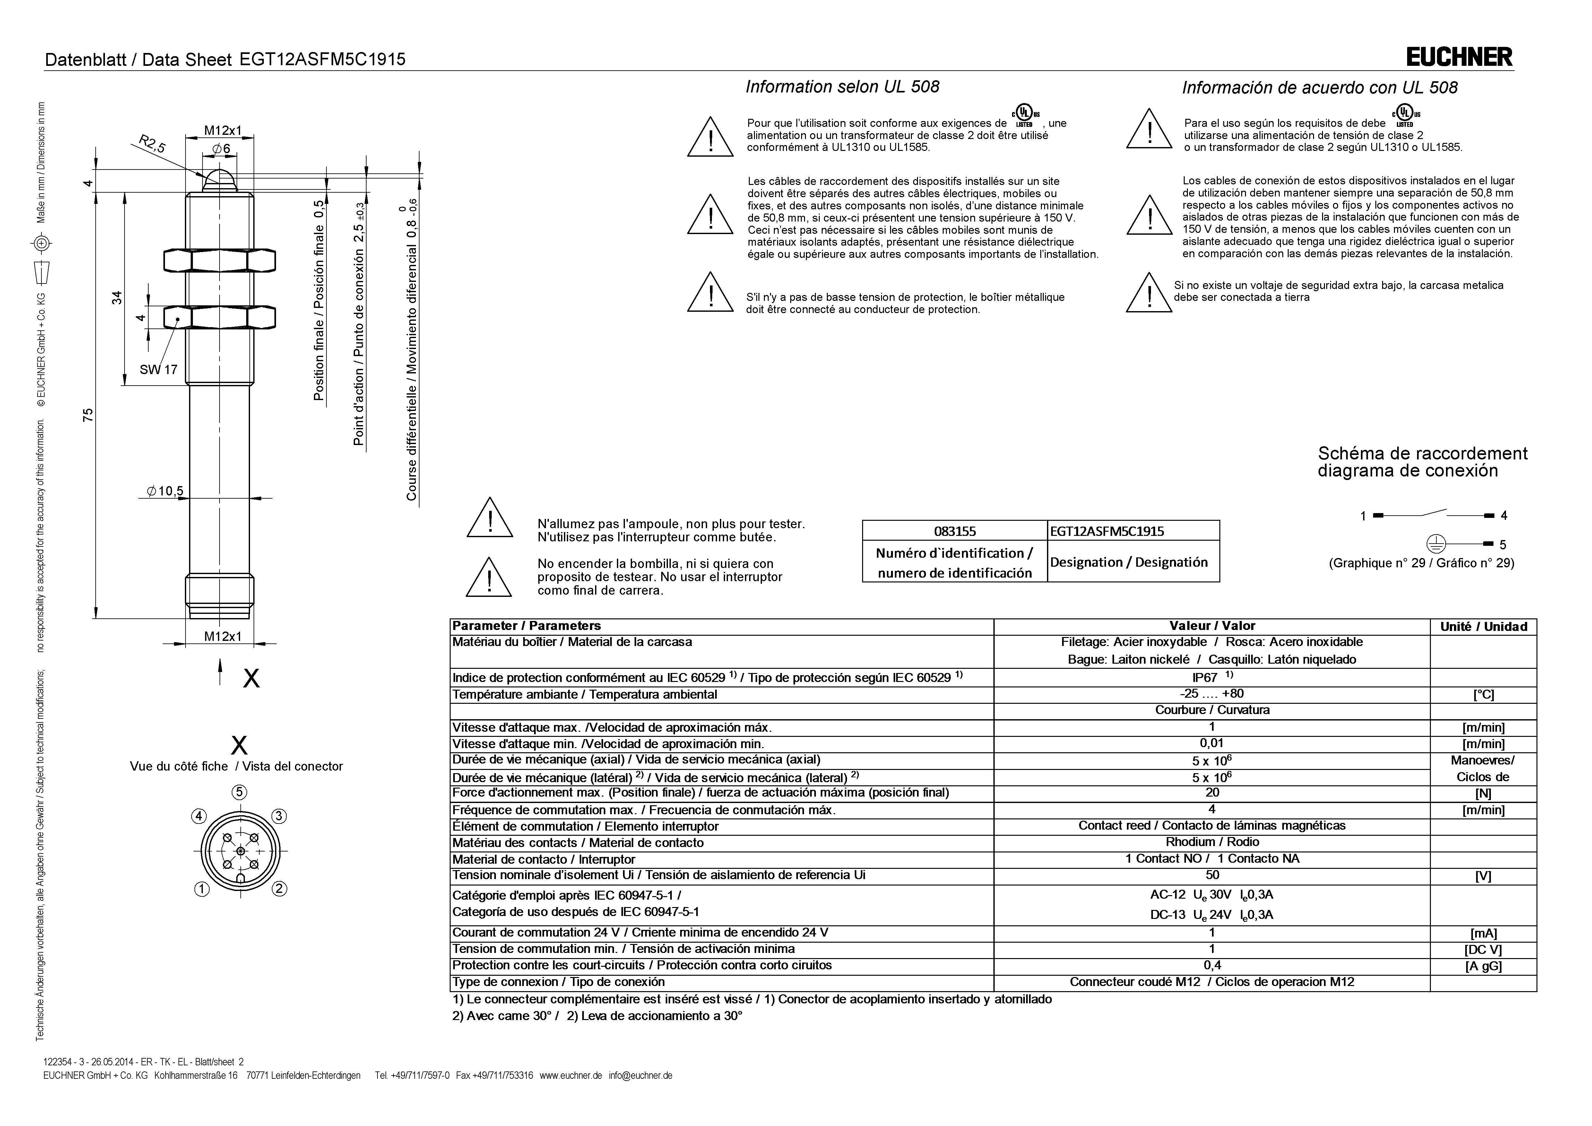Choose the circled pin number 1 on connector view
[x=201, y=889]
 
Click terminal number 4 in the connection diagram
[x=1504, y=515]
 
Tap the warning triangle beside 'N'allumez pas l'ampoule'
[x=489, y=518]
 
